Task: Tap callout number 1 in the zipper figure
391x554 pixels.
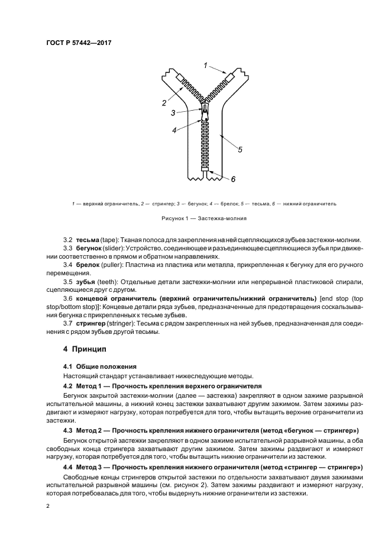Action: pyautogui.click(x=205, y=65)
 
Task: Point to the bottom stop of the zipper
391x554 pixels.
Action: pyautogui.click(x=204, y=170)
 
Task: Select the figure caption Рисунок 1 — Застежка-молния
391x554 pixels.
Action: pyautogui.click(x=195, y=218)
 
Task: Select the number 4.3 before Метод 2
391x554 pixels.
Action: pyautogui.click(x=67, y=430)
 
